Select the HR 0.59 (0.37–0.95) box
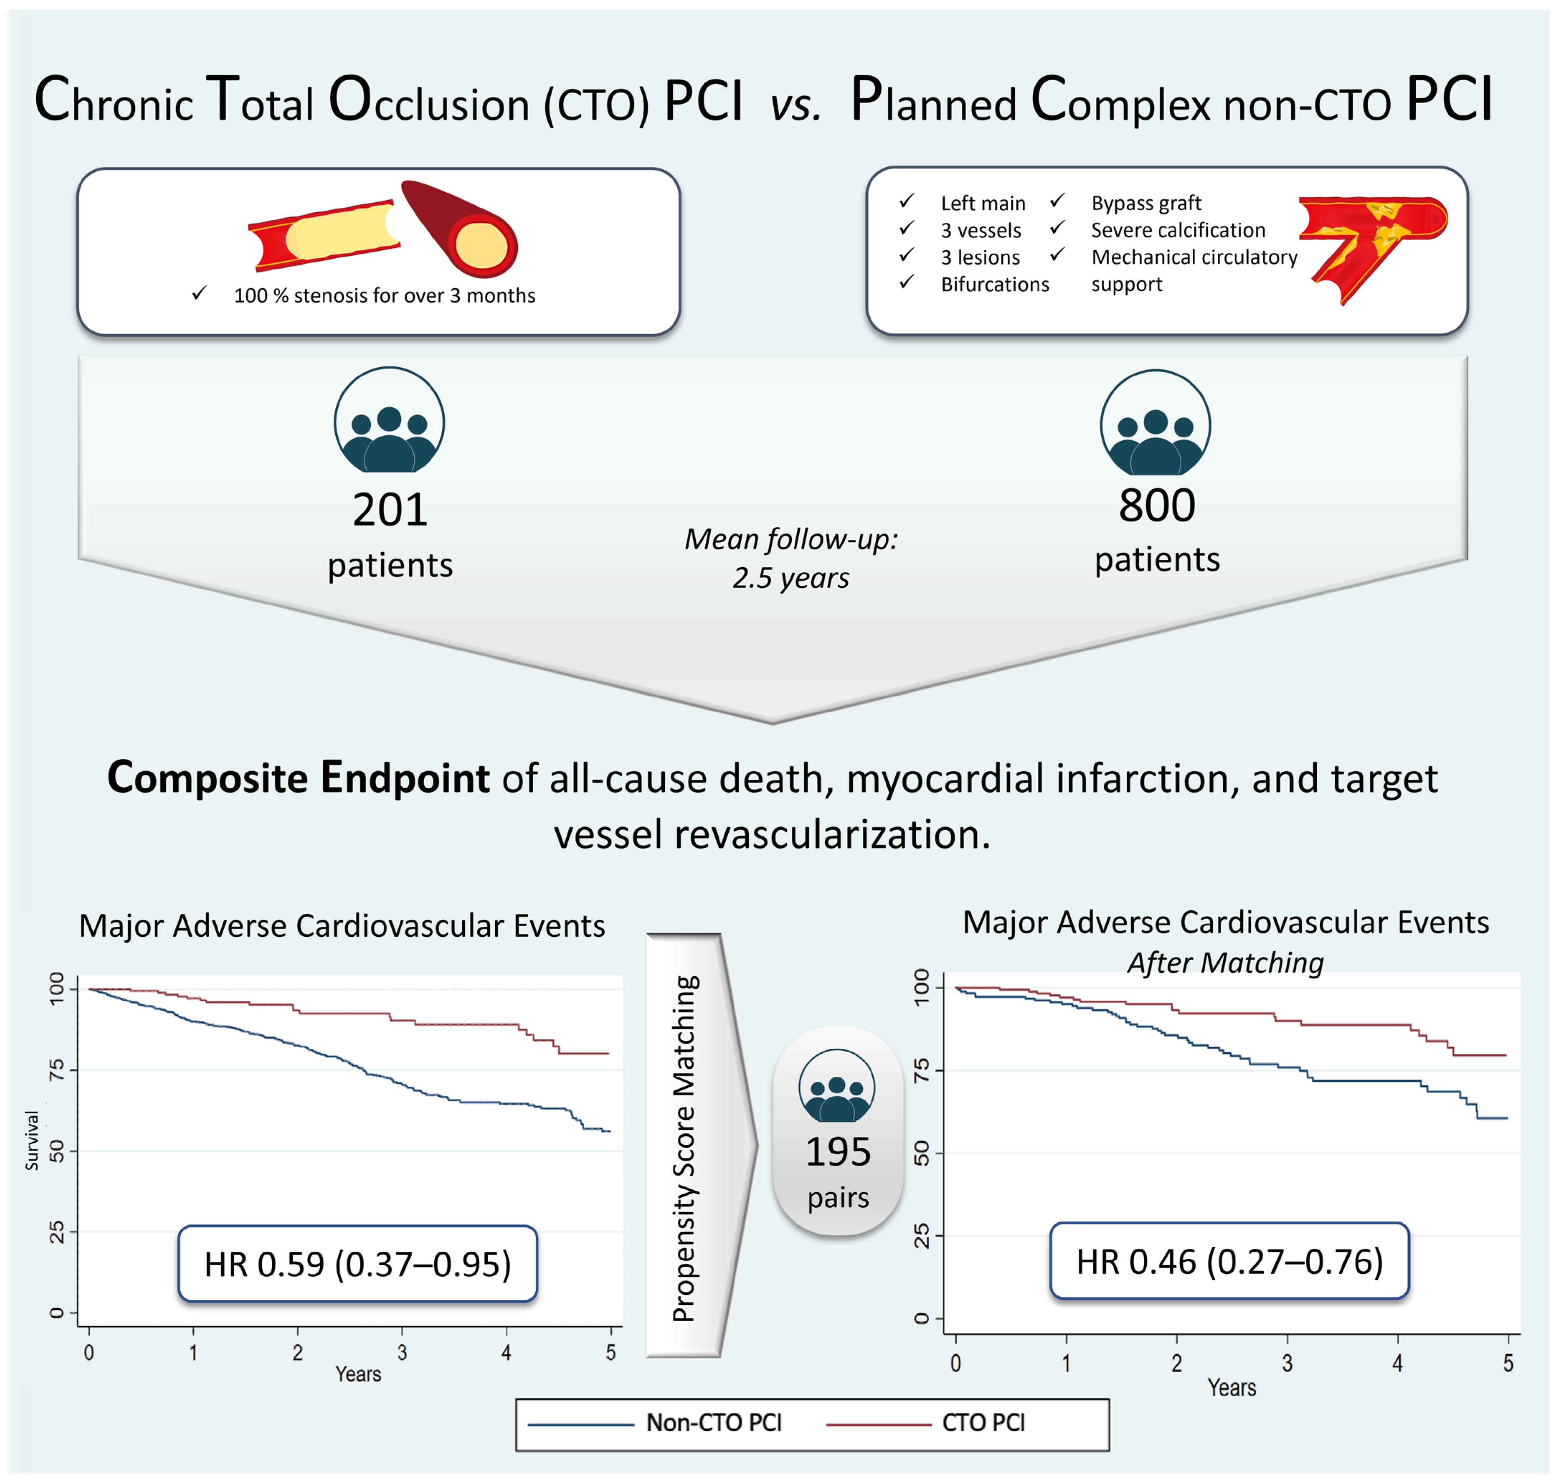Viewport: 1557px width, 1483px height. [x=357, y=1264]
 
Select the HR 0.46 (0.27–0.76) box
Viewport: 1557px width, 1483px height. [x=1229, y=1262]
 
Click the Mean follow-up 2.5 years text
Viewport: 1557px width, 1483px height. [x=790, y=558]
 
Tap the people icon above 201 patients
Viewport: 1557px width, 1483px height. [x=389, y=421]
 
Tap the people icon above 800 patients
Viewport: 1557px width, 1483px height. [x=1155, y=425]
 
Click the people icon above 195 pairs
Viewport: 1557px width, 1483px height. [x=837, y=1087]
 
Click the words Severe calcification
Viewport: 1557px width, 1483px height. [x=1178, y=230]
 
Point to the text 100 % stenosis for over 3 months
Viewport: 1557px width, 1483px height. [x=384, y=296]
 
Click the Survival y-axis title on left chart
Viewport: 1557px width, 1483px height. [x=32, y=1140]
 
